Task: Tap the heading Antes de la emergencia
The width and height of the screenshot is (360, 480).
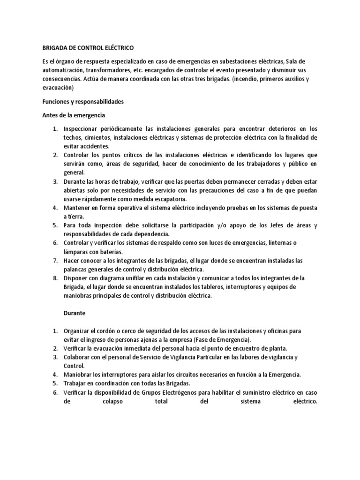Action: (x=75, y=115)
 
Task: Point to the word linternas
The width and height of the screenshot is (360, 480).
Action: (x=276, y=242)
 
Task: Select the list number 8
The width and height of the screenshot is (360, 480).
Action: (x=54, y=278)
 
